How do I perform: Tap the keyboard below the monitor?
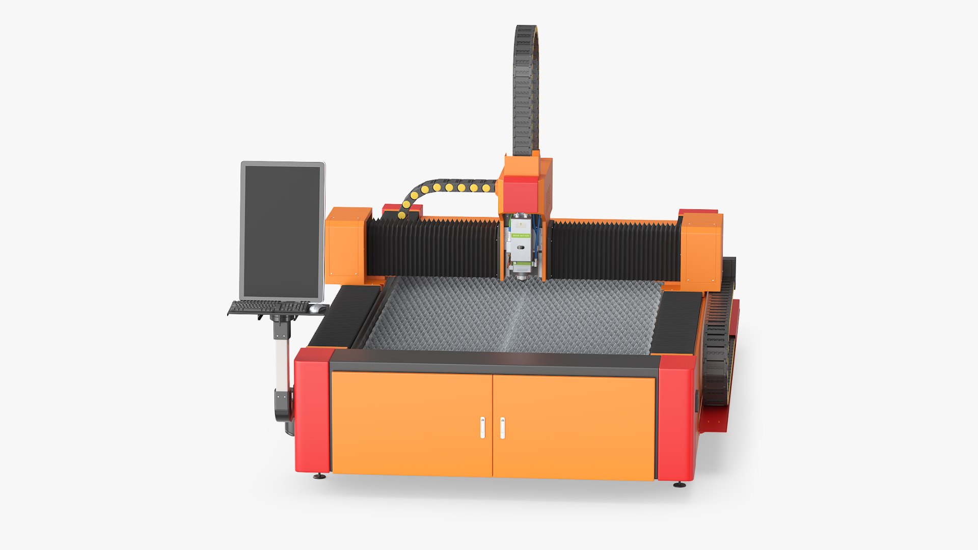tap(268, 307)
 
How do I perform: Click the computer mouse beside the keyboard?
tap(317, 309)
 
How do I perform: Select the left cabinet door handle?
tap(482, 428)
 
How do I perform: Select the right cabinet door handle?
tap(502, 428)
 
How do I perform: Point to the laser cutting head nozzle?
tap(521, 277)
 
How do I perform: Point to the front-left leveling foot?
tap(319, 477)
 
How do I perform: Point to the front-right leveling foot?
tap(680, 485)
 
